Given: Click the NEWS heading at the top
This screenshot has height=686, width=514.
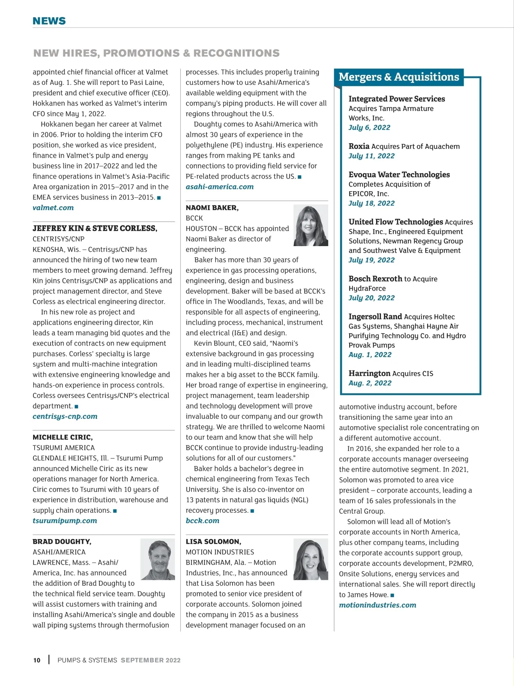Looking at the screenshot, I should point(49,21).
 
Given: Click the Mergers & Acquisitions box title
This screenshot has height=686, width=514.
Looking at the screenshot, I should point(398,77).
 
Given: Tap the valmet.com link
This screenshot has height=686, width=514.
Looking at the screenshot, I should point(53,208).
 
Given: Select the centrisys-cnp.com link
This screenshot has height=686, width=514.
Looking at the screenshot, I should point(65,416).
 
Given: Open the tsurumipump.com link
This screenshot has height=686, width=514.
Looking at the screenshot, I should point(65,521).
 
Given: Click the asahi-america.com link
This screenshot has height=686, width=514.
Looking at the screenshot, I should point(220,187).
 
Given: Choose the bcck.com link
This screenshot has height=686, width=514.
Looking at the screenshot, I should point(203,521).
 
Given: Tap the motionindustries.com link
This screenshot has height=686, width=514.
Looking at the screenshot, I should point(377,605).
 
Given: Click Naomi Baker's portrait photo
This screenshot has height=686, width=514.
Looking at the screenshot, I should point(311,225).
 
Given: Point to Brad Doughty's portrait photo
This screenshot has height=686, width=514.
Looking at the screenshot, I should point(158,560).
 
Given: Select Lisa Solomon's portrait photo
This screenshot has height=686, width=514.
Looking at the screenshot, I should point(311,560).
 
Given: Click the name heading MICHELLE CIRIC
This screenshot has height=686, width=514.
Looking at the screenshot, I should point(63,437).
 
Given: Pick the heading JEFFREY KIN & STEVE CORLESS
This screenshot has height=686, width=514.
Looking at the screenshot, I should point(95,229).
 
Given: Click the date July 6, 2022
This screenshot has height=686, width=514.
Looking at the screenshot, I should point(369,127).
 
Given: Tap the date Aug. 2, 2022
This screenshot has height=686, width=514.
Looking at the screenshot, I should point(370,383).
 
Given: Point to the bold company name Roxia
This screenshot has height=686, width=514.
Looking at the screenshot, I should point(359,146).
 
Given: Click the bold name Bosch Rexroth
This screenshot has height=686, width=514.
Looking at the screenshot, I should point(375,279).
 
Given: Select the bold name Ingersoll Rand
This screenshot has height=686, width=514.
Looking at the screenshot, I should point(375,316).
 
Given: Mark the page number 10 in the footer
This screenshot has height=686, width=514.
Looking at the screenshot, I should point(37,660).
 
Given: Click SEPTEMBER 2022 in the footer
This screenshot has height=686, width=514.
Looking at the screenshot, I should point(151,660).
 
